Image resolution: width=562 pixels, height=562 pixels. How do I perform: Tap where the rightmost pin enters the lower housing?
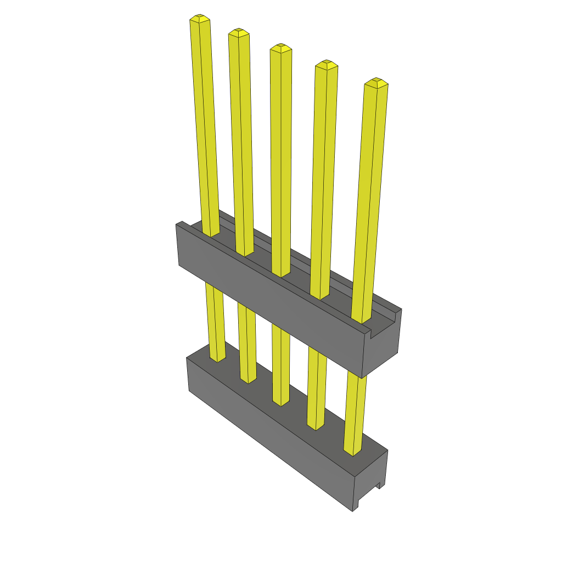coord(352,451)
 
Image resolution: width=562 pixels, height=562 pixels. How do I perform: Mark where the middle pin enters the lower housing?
coord(281,402)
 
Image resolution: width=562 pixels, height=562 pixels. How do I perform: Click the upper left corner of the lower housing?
coord(187,358)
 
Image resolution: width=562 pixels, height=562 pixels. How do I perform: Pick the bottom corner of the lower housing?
coord(352,511)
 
